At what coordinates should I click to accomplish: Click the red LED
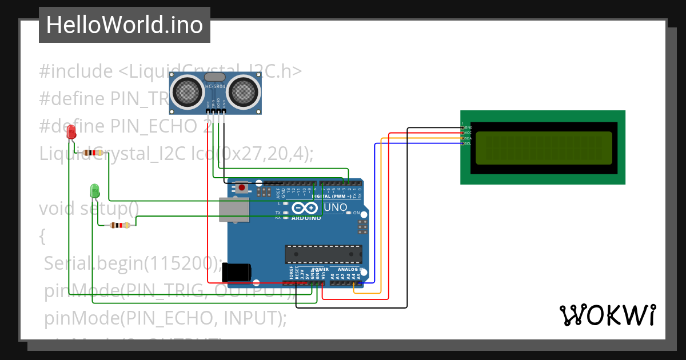pos(71,133)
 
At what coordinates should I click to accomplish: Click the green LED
pos(95,190)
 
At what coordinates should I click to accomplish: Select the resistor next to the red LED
pos(93,153)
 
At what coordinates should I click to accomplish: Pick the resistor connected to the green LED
pos(119,225)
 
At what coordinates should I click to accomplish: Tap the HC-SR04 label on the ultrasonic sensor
pos(216,87)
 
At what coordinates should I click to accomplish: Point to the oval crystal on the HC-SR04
pos(215,77)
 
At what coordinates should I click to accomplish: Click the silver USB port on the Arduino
pos(234,210)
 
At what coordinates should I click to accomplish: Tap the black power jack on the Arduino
pos(237,271)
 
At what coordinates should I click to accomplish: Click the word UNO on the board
pos(336,207)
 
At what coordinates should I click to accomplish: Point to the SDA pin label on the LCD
pos(468,138)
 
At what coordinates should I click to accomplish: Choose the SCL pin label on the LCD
pos(468,143)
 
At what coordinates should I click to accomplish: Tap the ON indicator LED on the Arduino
pos(348,213)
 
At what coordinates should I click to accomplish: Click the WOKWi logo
pos(607,315)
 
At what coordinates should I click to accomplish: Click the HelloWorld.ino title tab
pos(125,25)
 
